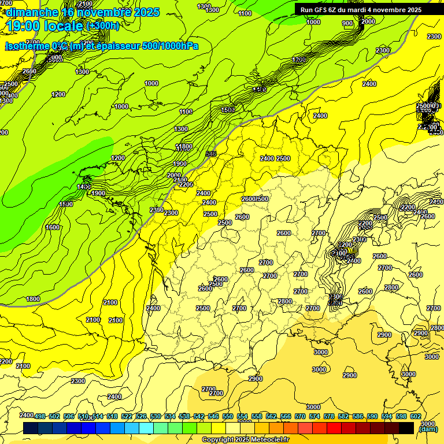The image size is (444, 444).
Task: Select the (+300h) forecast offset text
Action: click(x=102, y=25)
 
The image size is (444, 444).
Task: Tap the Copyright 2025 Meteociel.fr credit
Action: click(x=243, y=440)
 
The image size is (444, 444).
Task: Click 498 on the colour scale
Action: click(x=40, y=416)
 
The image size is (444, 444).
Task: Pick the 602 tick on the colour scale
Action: click(x=415, y=416)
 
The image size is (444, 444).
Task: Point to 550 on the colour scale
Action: click(x=227, y=416)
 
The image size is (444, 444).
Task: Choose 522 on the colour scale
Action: click(x=127, y=416)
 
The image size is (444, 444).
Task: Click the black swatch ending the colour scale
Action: click(x=406, y=428)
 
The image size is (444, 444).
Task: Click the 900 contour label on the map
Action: click(x=347, y=23)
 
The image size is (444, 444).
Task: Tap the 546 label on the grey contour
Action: click(x=211, y=154)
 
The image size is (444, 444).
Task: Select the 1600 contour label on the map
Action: click(x=53, y=227)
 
